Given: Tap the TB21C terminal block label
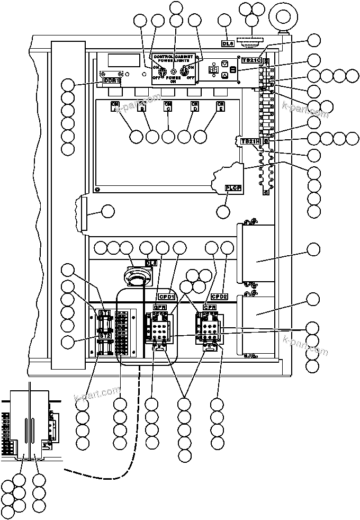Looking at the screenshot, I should (x=251, y=61).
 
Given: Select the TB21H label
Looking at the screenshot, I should (x=250, y=142).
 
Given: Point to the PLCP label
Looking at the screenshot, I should (x=233, y=187).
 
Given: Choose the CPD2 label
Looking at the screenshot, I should (x=219, y=297).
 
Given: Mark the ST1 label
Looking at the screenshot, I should (x=105, y=313).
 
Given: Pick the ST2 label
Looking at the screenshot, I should (x=105, y=336).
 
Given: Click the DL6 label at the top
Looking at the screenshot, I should (x=226, y=43).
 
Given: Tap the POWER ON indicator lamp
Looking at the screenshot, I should (x=174, y=70).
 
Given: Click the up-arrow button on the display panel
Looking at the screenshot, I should (x=224, y=76).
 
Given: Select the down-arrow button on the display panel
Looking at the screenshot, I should (x=224, y=64).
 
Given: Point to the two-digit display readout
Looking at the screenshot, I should (x=213, y=69).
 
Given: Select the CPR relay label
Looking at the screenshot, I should (x=210, y=307).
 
